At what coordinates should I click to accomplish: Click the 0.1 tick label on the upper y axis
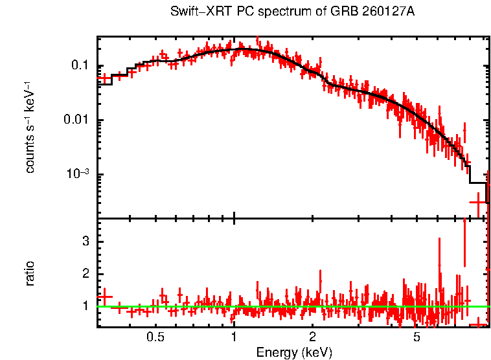[79, 66]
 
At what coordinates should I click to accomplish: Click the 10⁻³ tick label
[76, 174]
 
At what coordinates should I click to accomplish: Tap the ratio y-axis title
[30, 273]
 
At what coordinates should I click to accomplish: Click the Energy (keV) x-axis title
[294, 352]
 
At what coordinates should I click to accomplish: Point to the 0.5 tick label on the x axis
[155, 337]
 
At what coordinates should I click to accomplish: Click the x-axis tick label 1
[234, 337]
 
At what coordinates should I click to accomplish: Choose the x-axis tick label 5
[417, 337]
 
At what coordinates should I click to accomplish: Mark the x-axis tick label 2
[312, 337]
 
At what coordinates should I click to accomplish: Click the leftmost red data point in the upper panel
[104, 78]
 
